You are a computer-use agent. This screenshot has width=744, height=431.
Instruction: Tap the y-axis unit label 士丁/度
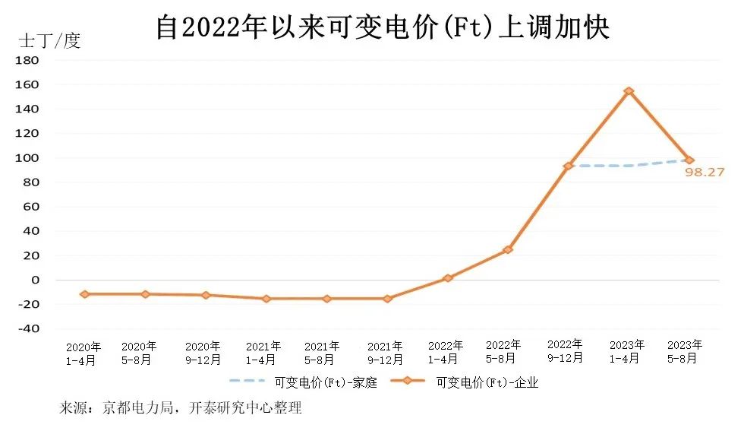click(49, 41)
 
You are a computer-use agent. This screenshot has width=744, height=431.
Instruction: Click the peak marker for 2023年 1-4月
click(629, 91)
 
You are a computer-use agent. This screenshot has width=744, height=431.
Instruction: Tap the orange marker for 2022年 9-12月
click(568, 166)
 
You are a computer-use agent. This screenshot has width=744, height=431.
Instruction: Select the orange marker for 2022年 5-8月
click(508, 249)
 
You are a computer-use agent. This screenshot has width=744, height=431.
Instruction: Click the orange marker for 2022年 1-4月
click(448, 278)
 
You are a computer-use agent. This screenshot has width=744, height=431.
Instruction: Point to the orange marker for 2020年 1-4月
click(84, 293)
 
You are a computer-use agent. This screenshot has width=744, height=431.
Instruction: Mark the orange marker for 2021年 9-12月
click(387, 299)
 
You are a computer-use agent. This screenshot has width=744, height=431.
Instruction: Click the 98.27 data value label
click(705, 173)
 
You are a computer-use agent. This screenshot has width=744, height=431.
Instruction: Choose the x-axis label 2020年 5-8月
click(140, 353)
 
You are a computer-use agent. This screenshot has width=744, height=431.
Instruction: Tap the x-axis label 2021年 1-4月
click(263, 353)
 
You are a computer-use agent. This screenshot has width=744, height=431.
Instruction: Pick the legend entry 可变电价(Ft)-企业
click(487, 382)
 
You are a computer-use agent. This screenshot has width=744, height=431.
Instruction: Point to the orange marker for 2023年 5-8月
click(689, 160)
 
